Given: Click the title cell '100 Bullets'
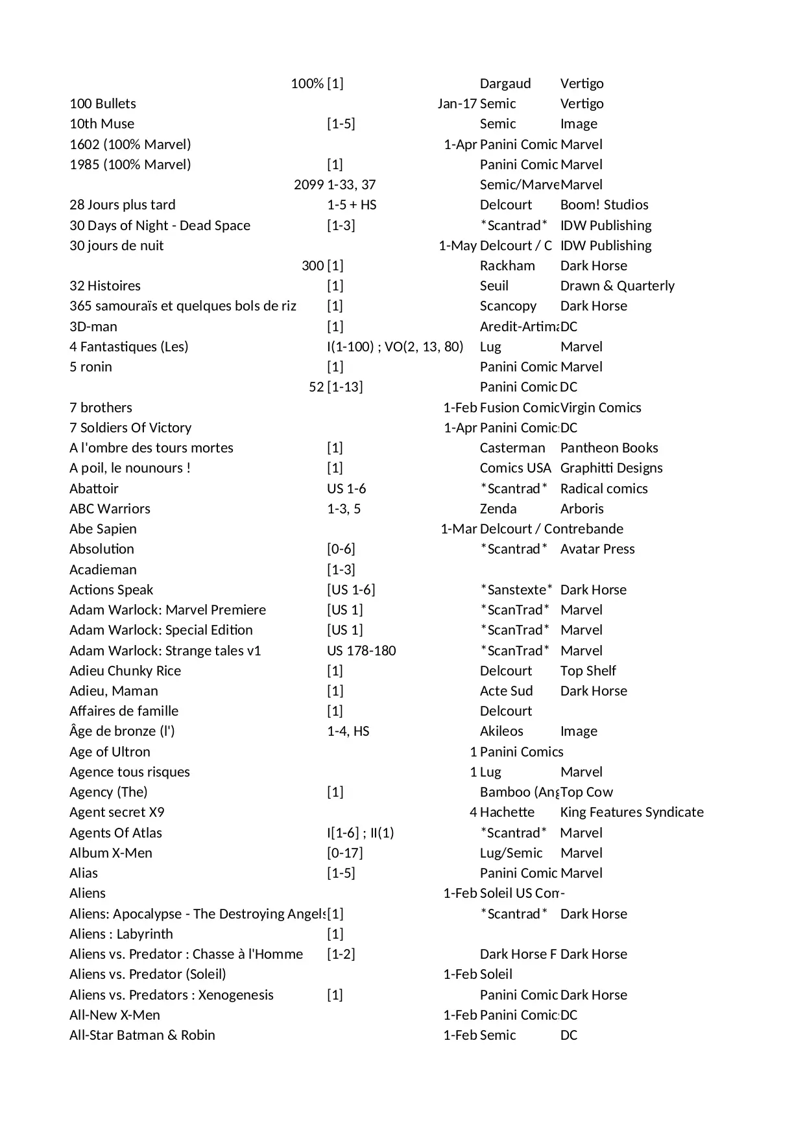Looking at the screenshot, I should pyautogui.click(x=102, y=104).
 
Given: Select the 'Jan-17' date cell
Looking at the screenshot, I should pyautogui.click(x=457, y=104).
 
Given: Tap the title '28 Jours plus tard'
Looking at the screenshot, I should pyautogui.click(x=122, y=205).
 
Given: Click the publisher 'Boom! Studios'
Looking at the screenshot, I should pyautogui.click(x=604, y=205).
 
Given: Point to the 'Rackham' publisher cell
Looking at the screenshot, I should pyautogui.click(x=507, y=266).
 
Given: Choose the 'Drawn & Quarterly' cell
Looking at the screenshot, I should pyautogui.click(x=617, y=286).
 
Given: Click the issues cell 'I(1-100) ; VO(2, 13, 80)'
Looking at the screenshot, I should pyautogui.click(x=395, y=347).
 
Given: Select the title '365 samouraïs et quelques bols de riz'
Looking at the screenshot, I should pyautogui.click(x=182, y=306).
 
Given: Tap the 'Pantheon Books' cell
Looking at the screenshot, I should pyautogui.click(x=608, y=448).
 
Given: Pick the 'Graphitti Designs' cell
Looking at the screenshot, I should pyautogui.click(x=611, y=468).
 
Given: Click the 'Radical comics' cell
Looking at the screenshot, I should pyautogui.click(x=603, y=489).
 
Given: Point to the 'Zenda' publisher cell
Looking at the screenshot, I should pyautogui.click(x=498, y=509).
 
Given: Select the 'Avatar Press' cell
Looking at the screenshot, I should pyautogui.click(x=597, y=549).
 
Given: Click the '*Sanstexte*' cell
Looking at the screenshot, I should pyautogui.click(x=516, y=590).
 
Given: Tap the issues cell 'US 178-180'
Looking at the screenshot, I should pyautogui.click(x=361, y=651).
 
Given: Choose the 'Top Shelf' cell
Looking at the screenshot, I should pyautogui.click(x=588, y=671).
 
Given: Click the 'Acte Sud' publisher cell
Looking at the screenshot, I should pyautogui.click(x=506, y=691).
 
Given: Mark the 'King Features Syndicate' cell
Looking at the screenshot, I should pyautogui.click(x=631, y=812).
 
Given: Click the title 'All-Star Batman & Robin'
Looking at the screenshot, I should pyautogui.click(x=142, y=1035).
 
